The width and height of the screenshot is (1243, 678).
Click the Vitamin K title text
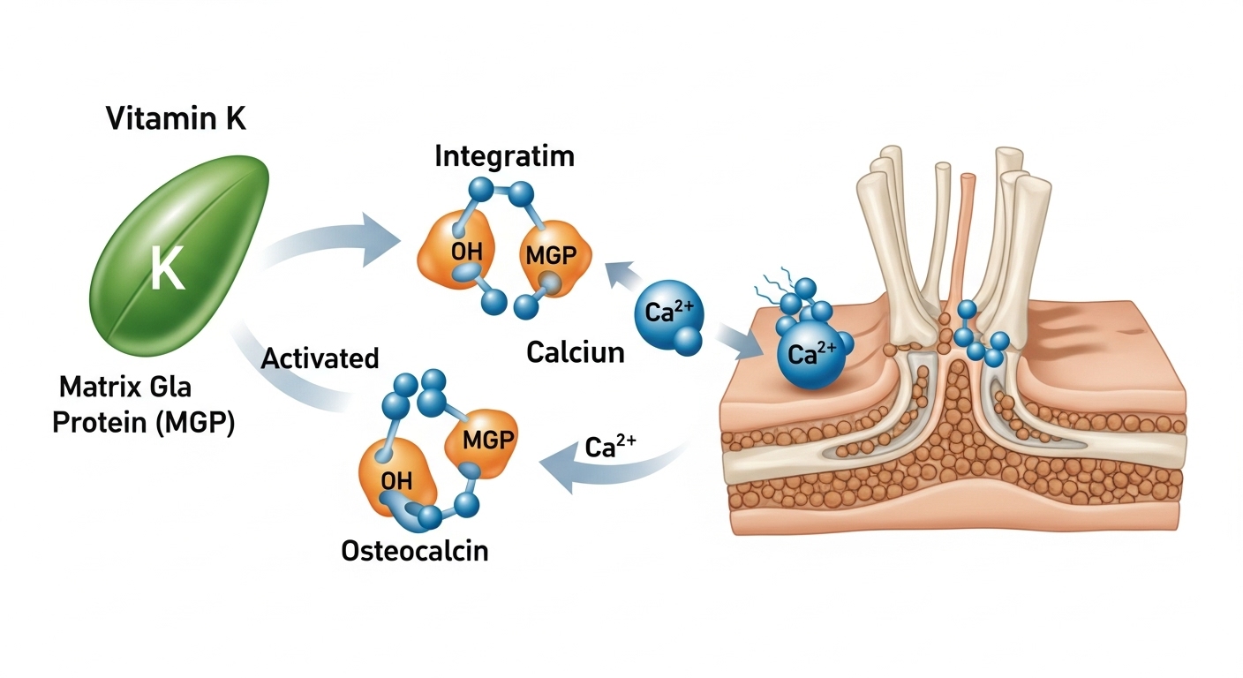[x=176, y=117]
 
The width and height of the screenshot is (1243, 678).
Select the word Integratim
[x=504, y=157]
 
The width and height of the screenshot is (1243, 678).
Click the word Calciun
[x=575, y=352]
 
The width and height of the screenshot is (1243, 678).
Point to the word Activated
[x=320, y=358]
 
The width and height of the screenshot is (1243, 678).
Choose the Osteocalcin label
[x=414, y=551]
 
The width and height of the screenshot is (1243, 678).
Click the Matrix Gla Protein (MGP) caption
[x=144, y=405]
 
